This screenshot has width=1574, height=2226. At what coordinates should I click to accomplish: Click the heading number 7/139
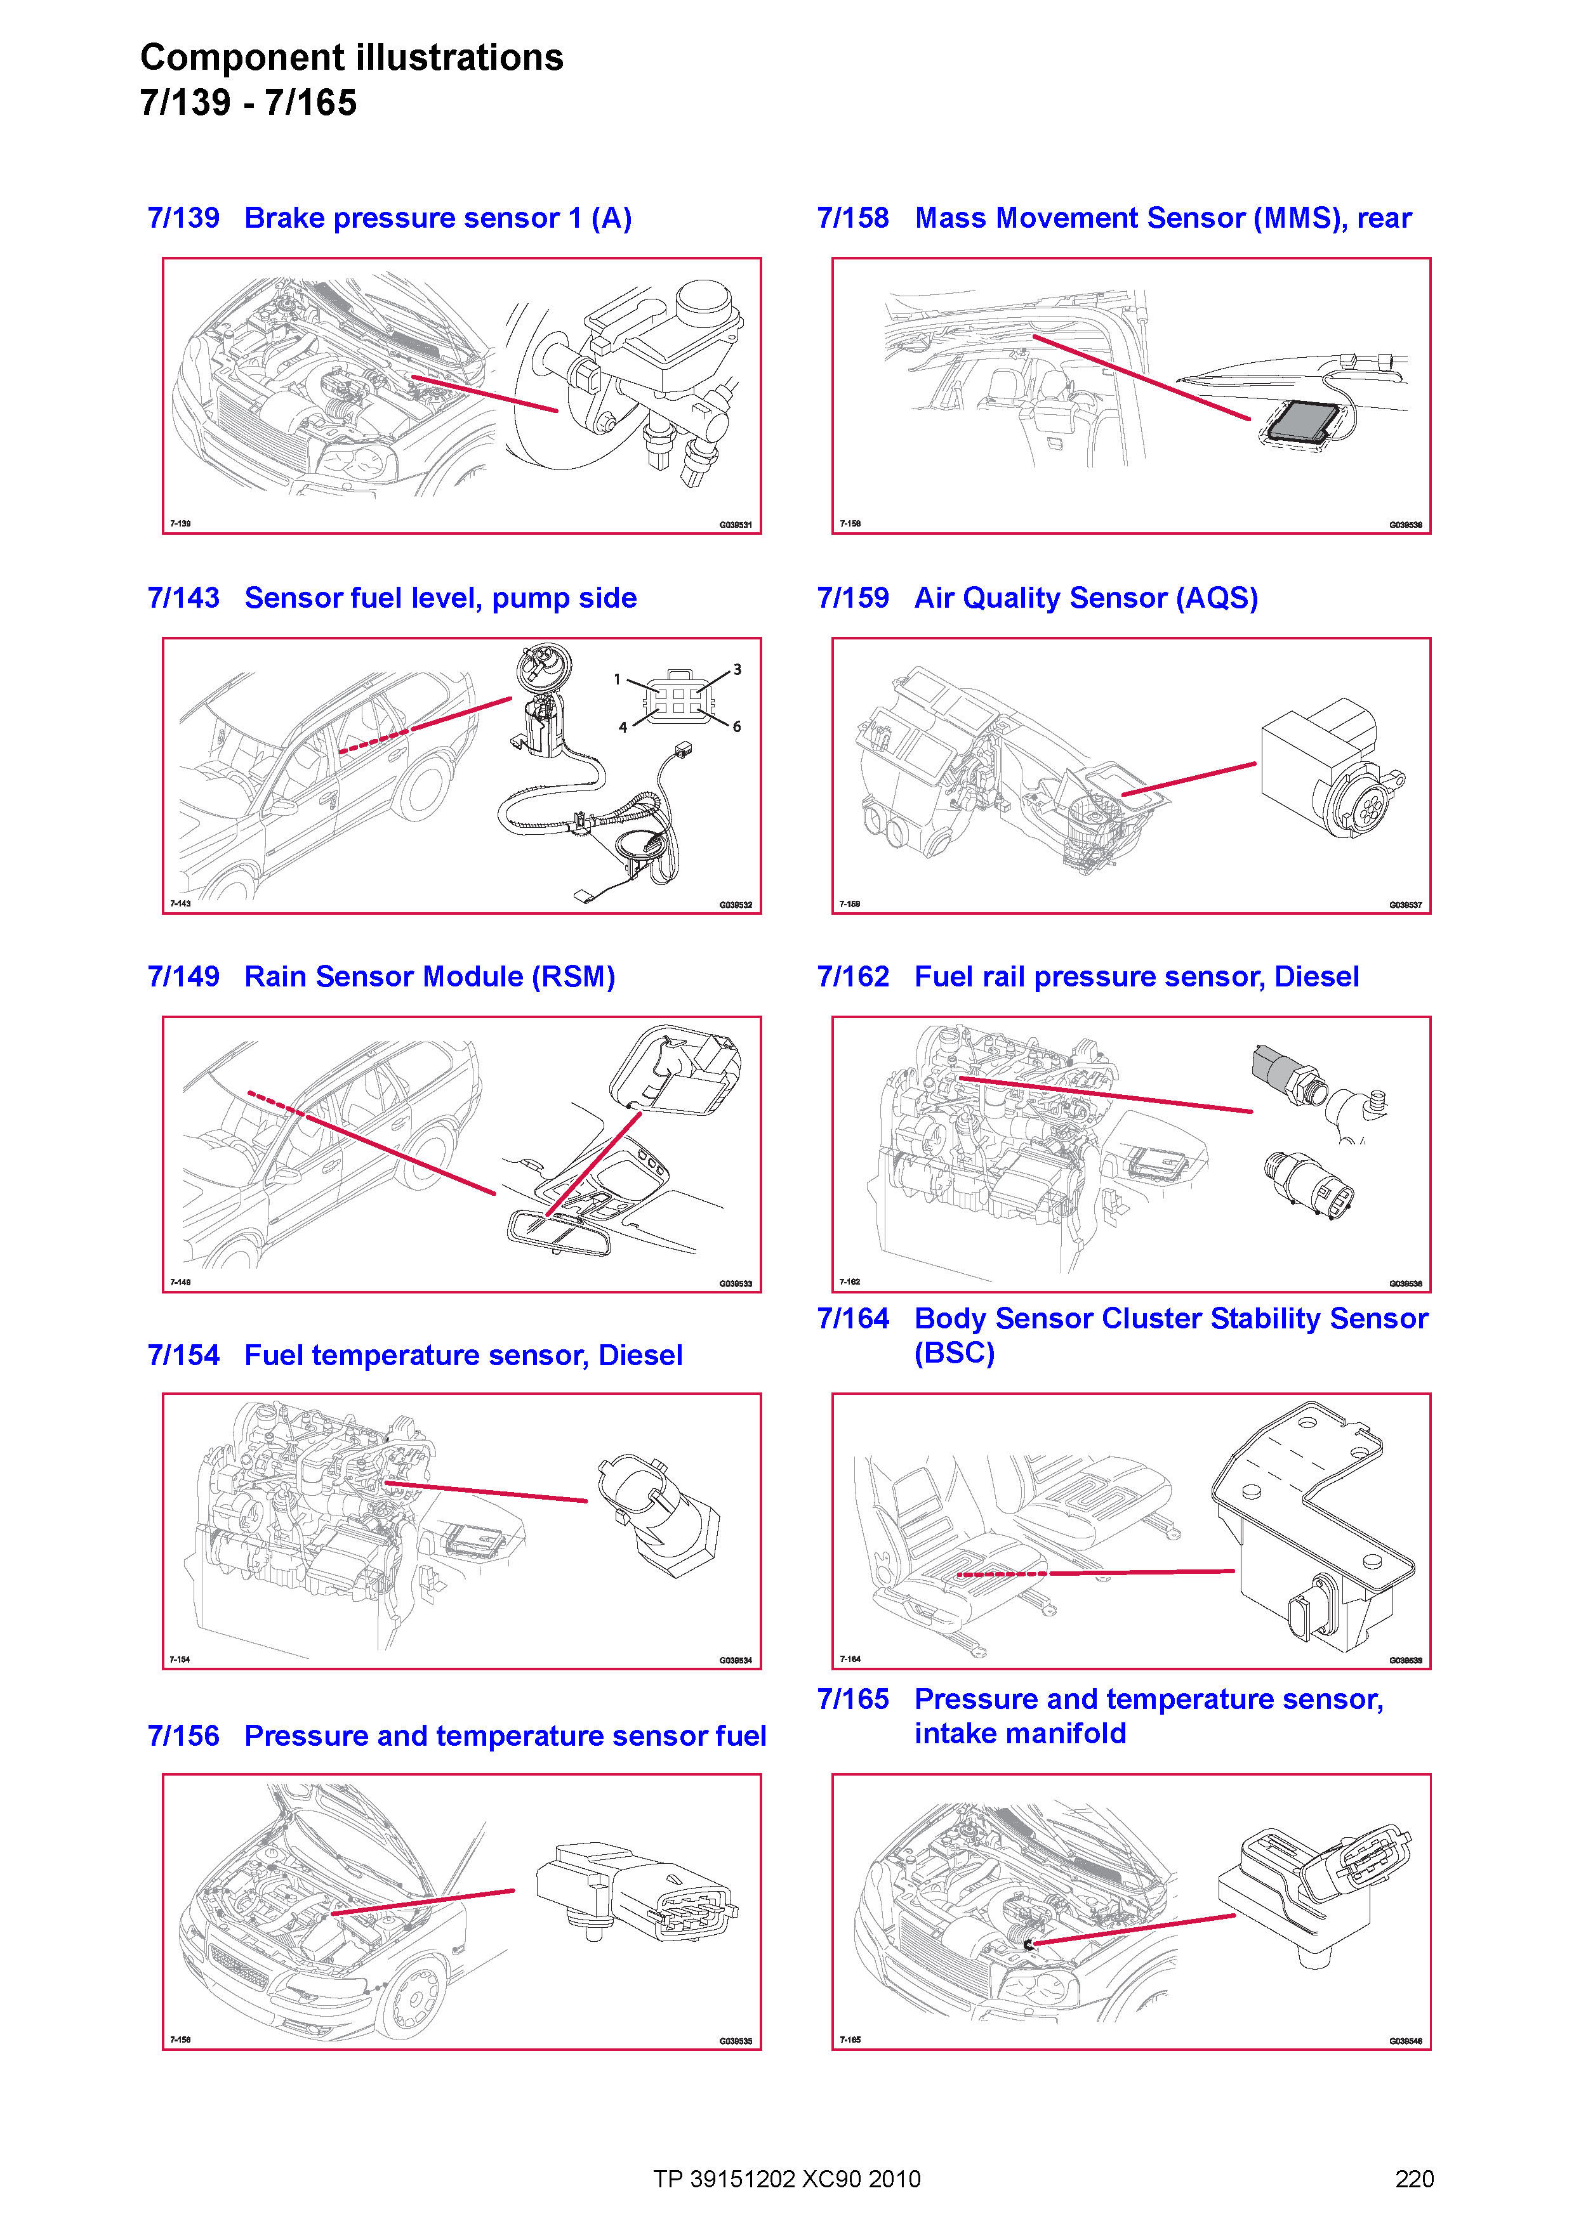pos(183,218)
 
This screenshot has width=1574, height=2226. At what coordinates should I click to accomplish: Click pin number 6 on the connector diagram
pos(737,726)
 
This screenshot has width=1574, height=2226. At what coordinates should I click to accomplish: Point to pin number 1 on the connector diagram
pos(617,679)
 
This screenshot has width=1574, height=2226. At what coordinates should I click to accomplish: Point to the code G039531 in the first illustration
pos(735,525)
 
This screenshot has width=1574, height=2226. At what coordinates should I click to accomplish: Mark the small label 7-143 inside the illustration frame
pos(180,903)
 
